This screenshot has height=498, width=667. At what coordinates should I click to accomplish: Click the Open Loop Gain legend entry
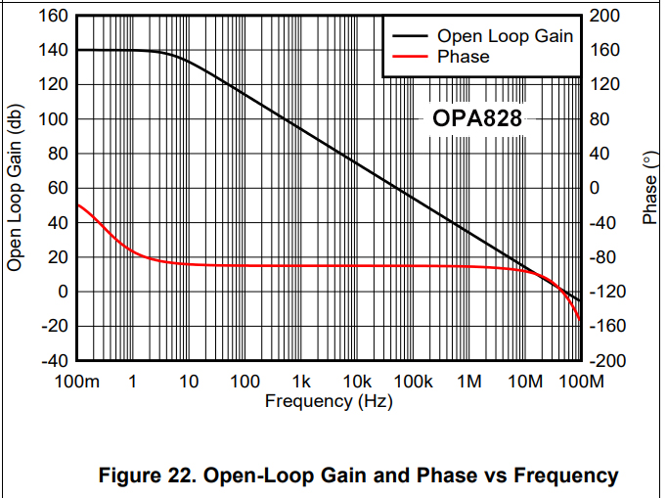504,36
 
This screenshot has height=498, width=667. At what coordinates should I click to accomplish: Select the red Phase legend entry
463,57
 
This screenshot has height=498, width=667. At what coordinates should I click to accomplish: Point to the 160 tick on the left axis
54,17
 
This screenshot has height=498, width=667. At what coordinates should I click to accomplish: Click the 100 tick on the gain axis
54,119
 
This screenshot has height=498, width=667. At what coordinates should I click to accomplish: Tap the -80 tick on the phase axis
604,258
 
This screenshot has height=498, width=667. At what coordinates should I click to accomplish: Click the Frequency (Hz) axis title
329,401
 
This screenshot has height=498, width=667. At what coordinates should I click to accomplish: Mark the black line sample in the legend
410,36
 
